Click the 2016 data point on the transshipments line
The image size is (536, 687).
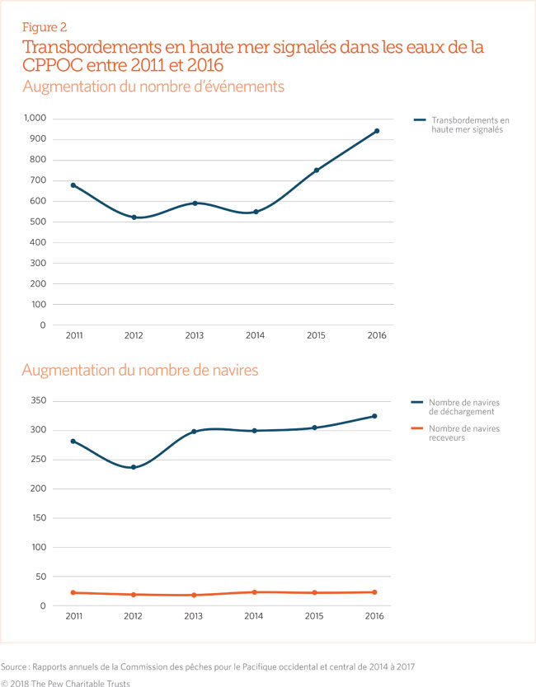click(377, 131)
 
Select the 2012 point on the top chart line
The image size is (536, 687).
click(134, 217)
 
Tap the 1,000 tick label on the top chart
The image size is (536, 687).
click(34, 119)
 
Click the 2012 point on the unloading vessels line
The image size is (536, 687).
click(134, 467)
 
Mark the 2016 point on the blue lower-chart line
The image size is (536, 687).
click(374, 416)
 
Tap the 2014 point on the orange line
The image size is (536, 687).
click(255, 591)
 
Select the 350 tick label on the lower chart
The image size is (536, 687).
click(37, 401)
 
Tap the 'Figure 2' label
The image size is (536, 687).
click(45, 27)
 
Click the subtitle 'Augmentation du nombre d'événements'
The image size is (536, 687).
click(154, 86)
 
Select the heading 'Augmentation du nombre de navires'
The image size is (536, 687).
click(140, 371)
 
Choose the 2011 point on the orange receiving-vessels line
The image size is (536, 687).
click(73, 592)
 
